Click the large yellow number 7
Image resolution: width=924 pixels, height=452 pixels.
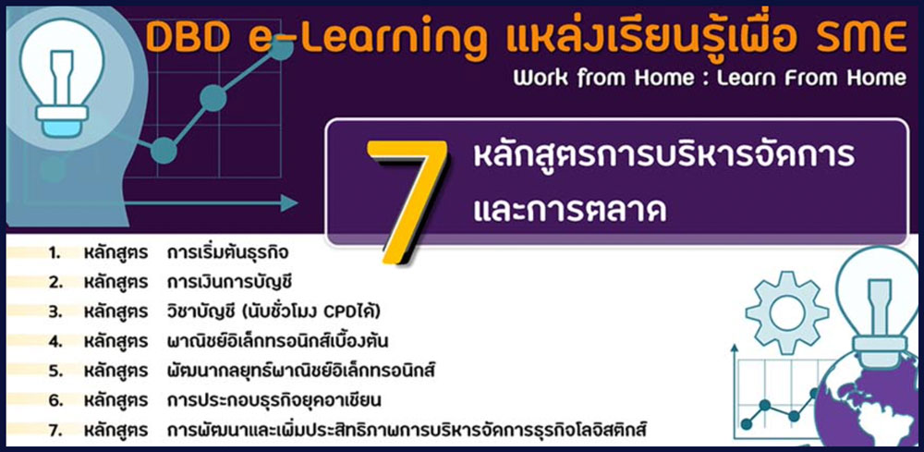click(x=407, y=201)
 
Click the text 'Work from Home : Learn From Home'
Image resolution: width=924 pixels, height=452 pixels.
click(x=710, y=78)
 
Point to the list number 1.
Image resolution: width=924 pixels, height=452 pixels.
click(x=55, y=253)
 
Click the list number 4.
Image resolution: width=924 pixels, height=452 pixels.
click(x=55, y=341)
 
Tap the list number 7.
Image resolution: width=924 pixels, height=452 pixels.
click(x=55, y=430)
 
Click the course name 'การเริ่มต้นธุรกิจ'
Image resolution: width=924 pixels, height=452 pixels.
click(x=228, y=253)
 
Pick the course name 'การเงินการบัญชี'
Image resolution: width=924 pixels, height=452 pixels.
click(x=230, y=282)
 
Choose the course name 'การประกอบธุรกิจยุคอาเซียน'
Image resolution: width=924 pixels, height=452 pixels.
click(x=274, y=401)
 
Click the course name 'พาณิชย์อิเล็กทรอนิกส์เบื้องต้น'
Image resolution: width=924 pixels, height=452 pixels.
click(x=277, y=341)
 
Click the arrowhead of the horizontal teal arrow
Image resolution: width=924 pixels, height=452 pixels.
click(x=288, y=203)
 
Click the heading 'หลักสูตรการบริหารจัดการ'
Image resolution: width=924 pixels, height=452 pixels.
click(x=664, y=156)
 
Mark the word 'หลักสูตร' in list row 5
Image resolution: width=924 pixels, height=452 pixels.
click(x=115, y=372)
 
